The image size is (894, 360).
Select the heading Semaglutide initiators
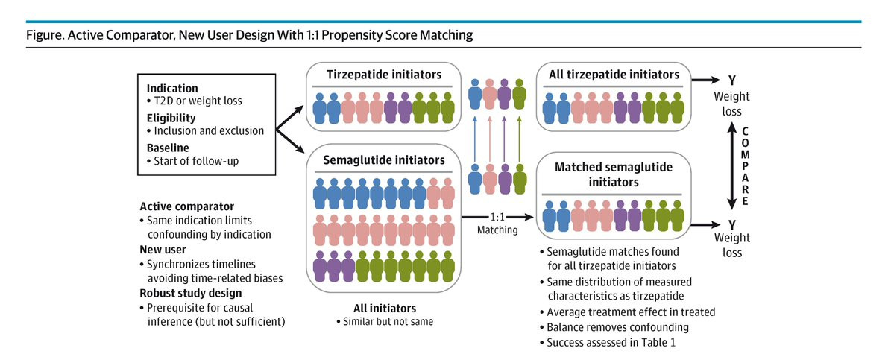tap(384, 160)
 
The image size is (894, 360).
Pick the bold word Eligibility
tap(171, 117)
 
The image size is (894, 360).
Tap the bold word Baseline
tap(169, 147)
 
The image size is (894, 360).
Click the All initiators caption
tap(384, 308)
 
